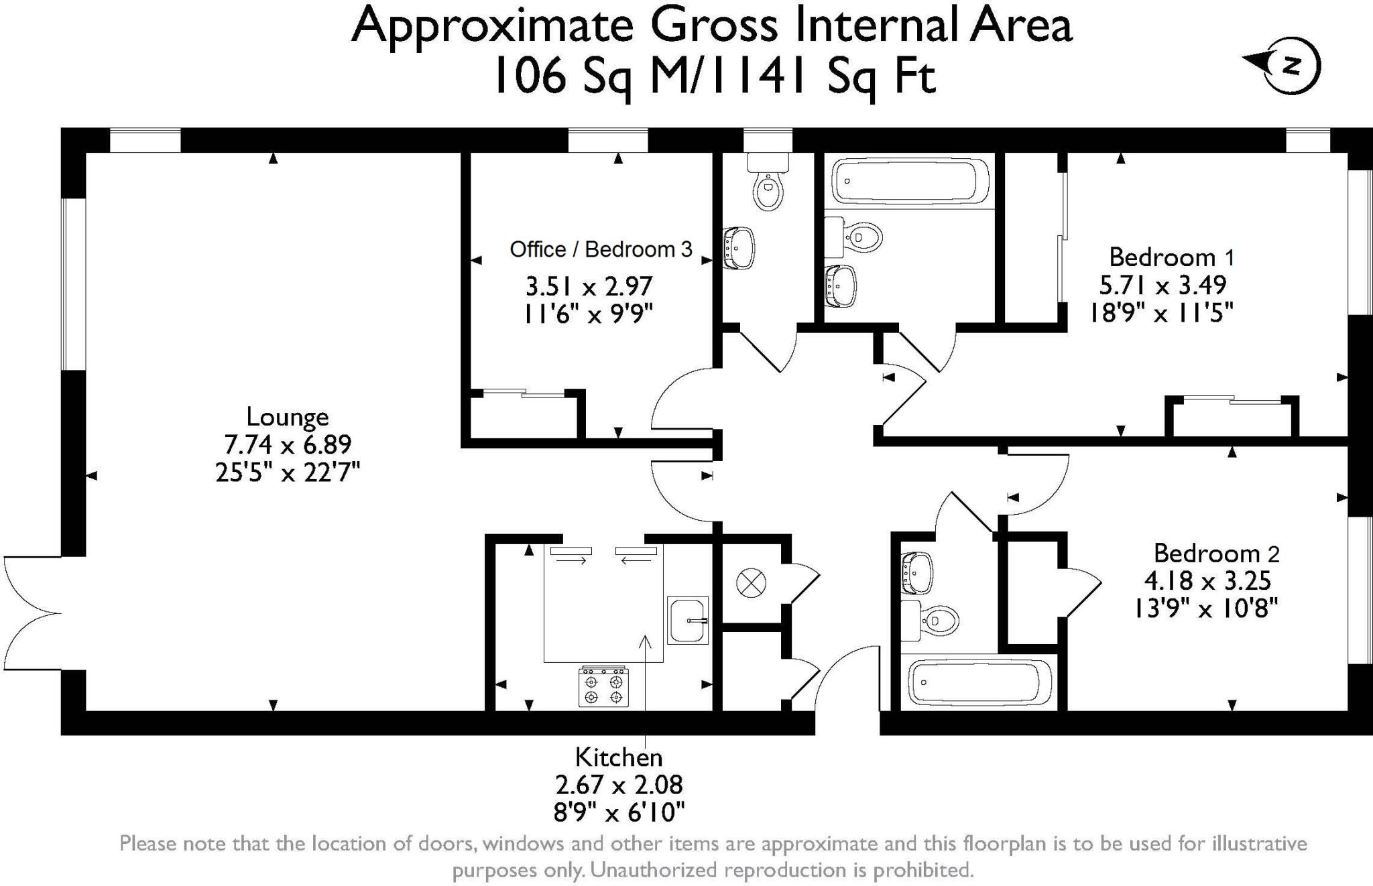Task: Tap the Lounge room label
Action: click(288, 417)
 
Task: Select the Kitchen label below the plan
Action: click(619, 757)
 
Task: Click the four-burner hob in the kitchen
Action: click(604, 686)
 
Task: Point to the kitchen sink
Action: click(688, 620)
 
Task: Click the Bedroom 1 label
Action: click(1172, 257)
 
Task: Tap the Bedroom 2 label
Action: click(1216, 554)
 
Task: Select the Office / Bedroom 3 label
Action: click(601, 249)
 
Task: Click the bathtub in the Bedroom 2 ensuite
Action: click(979, 682)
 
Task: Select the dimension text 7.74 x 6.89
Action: click(288, 444)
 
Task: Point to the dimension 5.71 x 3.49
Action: click(1162, 285)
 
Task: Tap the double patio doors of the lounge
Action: click(32, 613)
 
